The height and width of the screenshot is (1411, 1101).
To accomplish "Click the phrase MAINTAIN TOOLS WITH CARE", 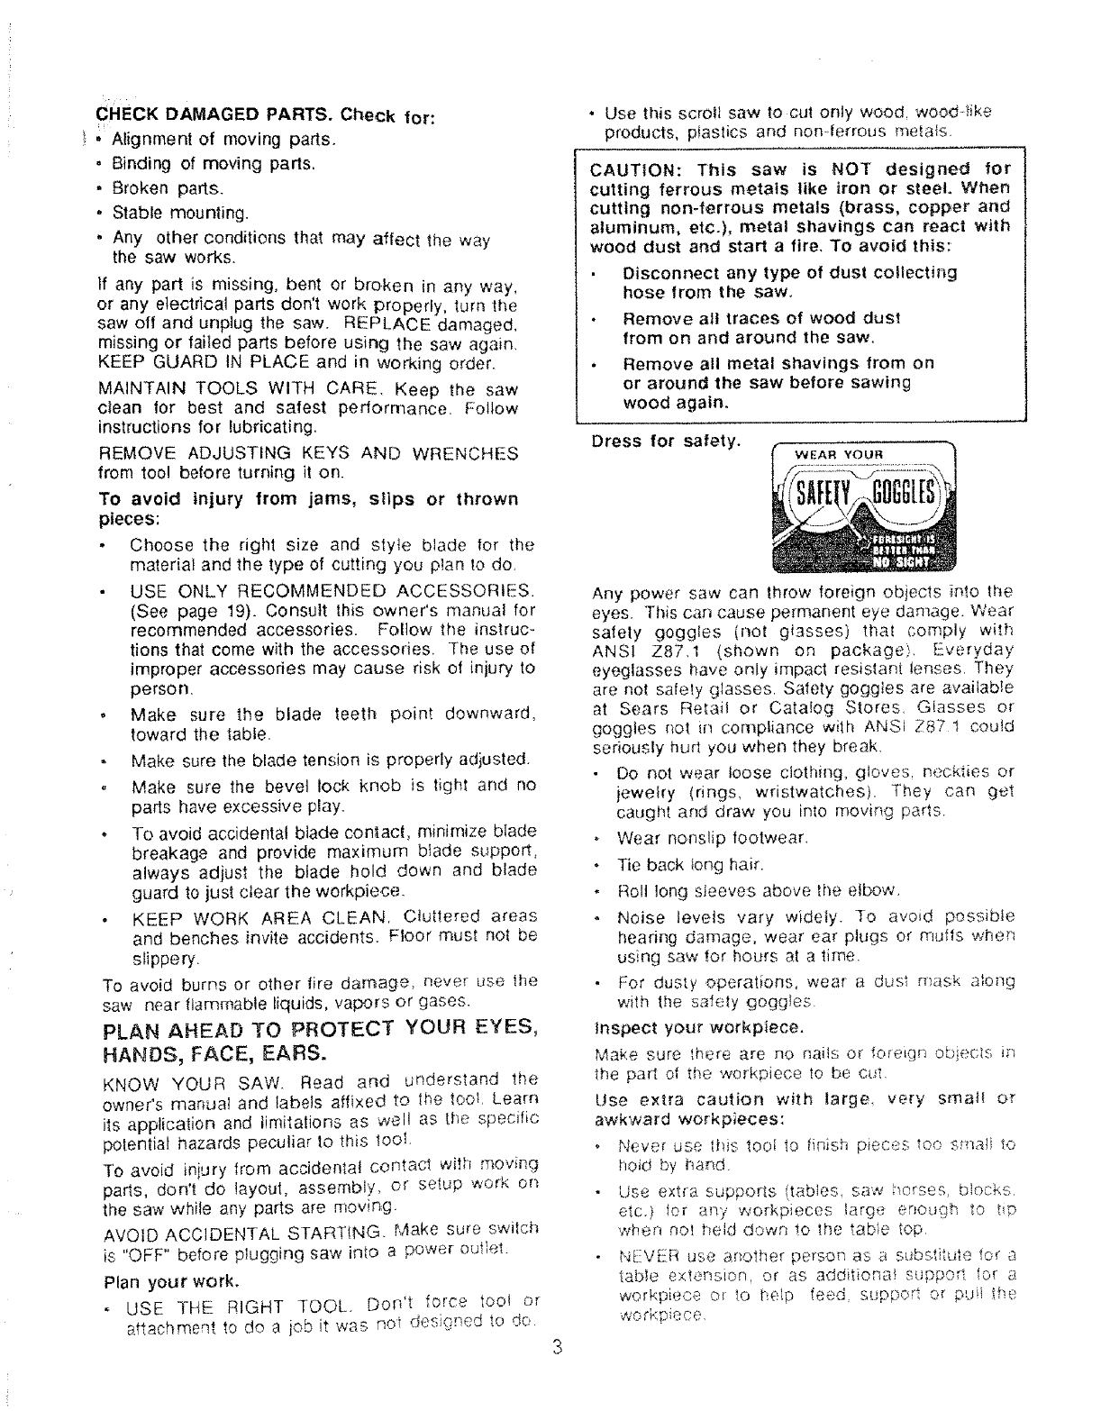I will point(230,392).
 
